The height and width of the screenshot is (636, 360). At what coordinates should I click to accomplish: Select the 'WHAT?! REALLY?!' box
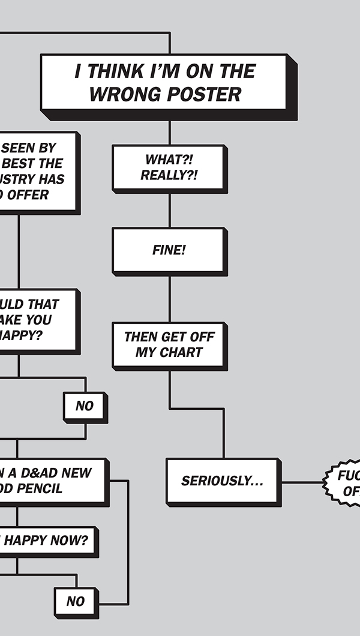coord(169,167)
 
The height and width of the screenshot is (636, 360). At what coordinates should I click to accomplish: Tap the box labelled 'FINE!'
coord(169,250)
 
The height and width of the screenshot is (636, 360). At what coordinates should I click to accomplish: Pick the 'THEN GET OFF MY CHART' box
coord(169,344)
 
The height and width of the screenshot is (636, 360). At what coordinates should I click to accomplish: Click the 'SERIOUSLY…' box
coord(223,481)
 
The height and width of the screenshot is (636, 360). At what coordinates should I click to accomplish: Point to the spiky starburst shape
coord(345,483)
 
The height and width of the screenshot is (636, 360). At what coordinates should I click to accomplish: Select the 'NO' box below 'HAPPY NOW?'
coord(76,601)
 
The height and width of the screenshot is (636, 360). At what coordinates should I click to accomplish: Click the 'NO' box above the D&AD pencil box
coord(85,406)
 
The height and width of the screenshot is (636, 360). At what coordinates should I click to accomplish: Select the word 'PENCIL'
coord(42,488)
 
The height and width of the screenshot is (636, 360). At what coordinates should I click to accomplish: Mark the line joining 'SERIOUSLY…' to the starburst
coord(302,482)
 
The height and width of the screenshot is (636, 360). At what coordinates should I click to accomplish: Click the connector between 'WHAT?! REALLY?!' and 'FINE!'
coord(169,210)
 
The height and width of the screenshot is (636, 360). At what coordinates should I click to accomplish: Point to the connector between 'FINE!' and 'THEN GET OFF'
coord(169,298)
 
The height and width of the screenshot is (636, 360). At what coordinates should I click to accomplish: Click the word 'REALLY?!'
coord(169,175)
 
